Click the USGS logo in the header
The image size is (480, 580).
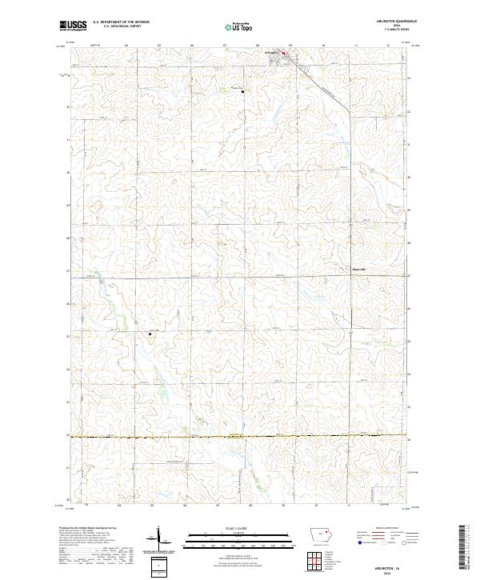tap(73, 26)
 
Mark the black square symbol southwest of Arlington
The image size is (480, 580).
tap(242, 92)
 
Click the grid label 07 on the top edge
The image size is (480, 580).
tap(225, 45)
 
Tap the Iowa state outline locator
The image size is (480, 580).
tap(322, 535)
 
